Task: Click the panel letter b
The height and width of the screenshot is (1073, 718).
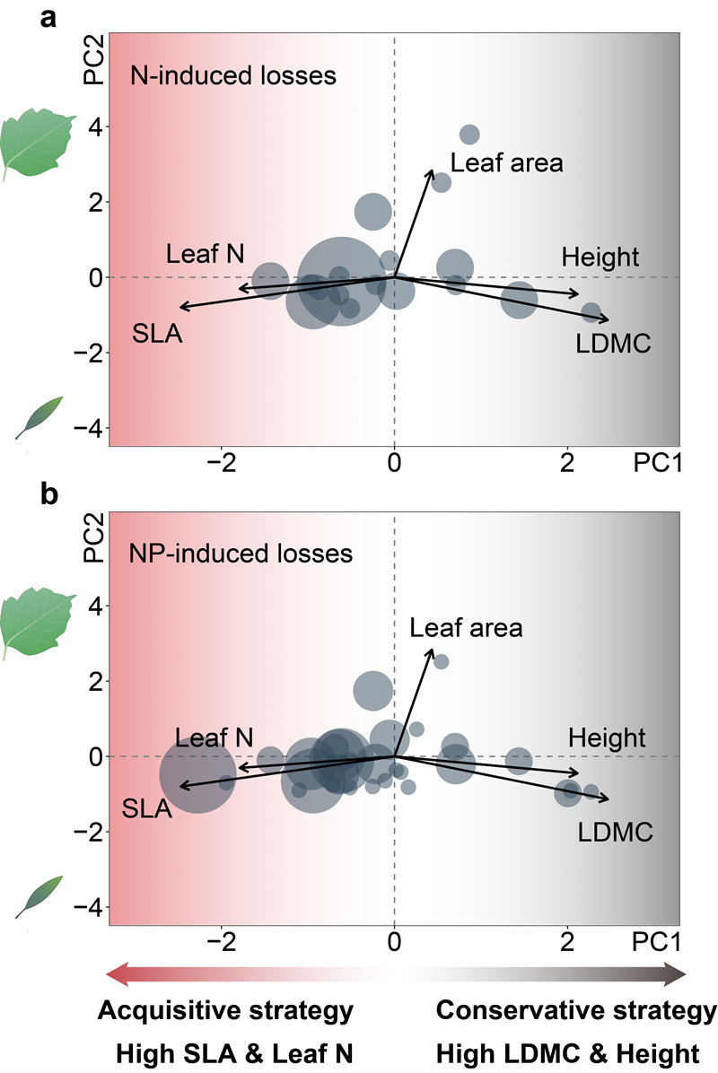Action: (x=51, y=495)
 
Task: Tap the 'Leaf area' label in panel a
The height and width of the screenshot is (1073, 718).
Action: (x=507, y=162)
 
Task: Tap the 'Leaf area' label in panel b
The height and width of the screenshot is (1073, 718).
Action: (x=466, y=627)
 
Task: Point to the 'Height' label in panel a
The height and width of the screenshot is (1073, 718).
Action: (x=600, y=257)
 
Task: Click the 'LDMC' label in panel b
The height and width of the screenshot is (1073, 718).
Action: (x=615, y=833)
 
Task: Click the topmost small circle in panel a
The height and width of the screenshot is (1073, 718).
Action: (x=469, y=135)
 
